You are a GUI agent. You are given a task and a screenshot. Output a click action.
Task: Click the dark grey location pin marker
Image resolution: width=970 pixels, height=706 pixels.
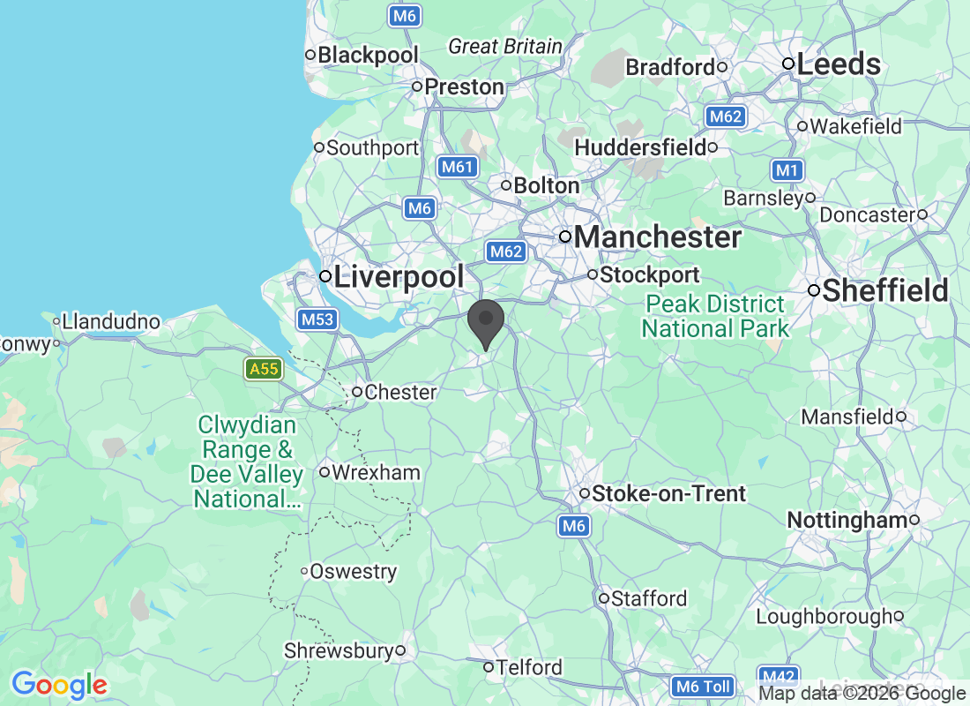[485, 323]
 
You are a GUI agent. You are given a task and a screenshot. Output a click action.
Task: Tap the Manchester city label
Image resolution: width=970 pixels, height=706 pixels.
[657, 237]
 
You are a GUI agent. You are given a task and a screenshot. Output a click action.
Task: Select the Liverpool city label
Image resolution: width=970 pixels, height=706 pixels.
[399, 276]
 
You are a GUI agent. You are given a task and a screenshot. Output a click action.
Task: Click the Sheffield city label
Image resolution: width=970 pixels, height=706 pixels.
[884, 290]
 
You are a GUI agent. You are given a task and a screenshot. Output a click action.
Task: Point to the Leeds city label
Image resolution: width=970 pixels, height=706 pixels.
[838, 64]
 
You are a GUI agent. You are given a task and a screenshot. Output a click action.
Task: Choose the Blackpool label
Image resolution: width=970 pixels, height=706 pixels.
[368, 55]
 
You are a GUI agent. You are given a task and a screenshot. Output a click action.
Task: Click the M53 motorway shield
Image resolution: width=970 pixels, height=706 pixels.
[317, 319]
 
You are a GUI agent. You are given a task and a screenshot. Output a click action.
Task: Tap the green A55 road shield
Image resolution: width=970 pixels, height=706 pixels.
[264, 369]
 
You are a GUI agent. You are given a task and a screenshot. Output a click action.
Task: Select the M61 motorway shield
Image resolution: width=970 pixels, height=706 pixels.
[458, 166]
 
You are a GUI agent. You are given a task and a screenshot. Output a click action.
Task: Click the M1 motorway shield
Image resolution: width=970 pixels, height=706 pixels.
[786, 169]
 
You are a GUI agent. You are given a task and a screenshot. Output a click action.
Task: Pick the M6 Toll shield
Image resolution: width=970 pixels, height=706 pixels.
[702, 686]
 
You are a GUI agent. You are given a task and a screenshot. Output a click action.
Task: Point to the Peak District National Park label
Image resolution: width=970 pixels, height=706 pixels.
[715, 317]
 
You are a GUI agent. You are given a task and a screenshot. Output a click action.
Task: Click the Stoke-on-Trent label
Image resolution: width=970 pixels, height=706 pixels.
[668, 493]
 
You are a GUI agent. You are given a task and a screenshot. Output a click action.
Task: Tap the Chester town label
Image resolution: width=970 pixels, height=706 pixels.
[400, 392]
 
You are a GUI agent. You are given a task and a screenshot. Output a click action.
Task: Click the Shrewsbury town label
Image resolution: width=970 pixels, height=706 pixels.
[338, 650]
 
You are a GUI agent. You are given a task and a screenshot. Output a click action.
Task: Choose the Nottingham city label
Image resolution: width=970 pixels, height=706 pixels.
[847, 521]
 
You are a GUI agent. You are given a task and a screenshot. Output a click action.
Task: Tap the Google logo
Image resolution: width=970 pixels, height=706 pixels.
[59, 685]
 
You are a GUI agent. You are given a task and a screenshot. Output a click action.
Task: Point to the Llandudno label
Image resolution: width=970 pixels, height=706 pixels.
[111, 321]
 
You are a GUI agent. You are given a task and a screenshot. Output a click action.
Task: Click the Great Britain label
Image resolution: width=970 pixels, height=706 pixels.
[504, 46]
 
